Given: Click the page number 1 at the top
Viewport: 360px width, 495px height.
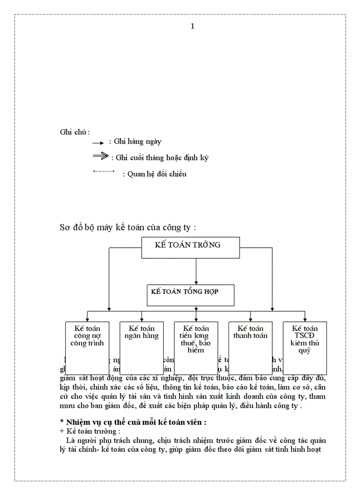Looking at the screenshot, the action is [192, 26].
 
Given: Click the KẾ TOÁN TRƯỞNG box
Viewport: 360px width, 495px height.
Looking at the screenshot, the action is [190, 247].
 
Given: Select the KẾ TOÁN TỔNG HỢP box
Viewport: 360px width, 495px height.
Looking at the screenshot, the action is [190, 295].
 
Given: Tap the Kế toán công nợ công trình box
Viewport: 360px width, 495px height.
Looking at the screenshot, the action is [87, 348].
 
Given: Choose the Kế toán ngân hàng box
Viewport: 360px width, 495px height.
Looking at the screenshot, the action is [142, 348].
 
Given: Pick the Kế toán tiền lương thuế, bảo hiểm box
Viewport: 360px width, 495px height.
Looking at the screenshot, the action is [196, 348].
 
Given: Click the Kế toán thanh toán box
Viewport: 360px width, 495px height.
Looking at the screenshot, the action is [250, 348].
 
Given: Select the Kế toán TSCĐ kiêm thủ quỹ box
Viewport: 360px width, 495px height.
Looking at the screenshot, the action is [305, 348].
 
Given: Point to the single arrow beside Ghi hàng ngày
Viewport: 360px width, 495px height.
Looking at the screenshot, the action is [98, 143].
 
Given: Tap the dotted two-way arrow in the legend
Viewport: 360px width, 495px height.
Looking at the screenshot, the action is [104, 171].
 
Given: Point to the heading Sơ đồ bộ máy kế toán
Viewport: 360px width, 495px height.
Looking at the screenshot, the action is [127, 227].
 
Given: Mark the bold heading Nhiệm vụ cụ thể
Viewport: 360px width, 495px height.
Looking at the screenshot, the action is [133, 422].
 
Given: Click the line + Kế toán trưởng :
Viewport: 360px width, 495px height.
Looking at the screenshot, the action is [86, 431].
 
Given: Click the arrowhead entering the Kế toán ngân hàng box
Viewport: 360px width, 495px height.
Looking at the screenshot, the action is [142, 319].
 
